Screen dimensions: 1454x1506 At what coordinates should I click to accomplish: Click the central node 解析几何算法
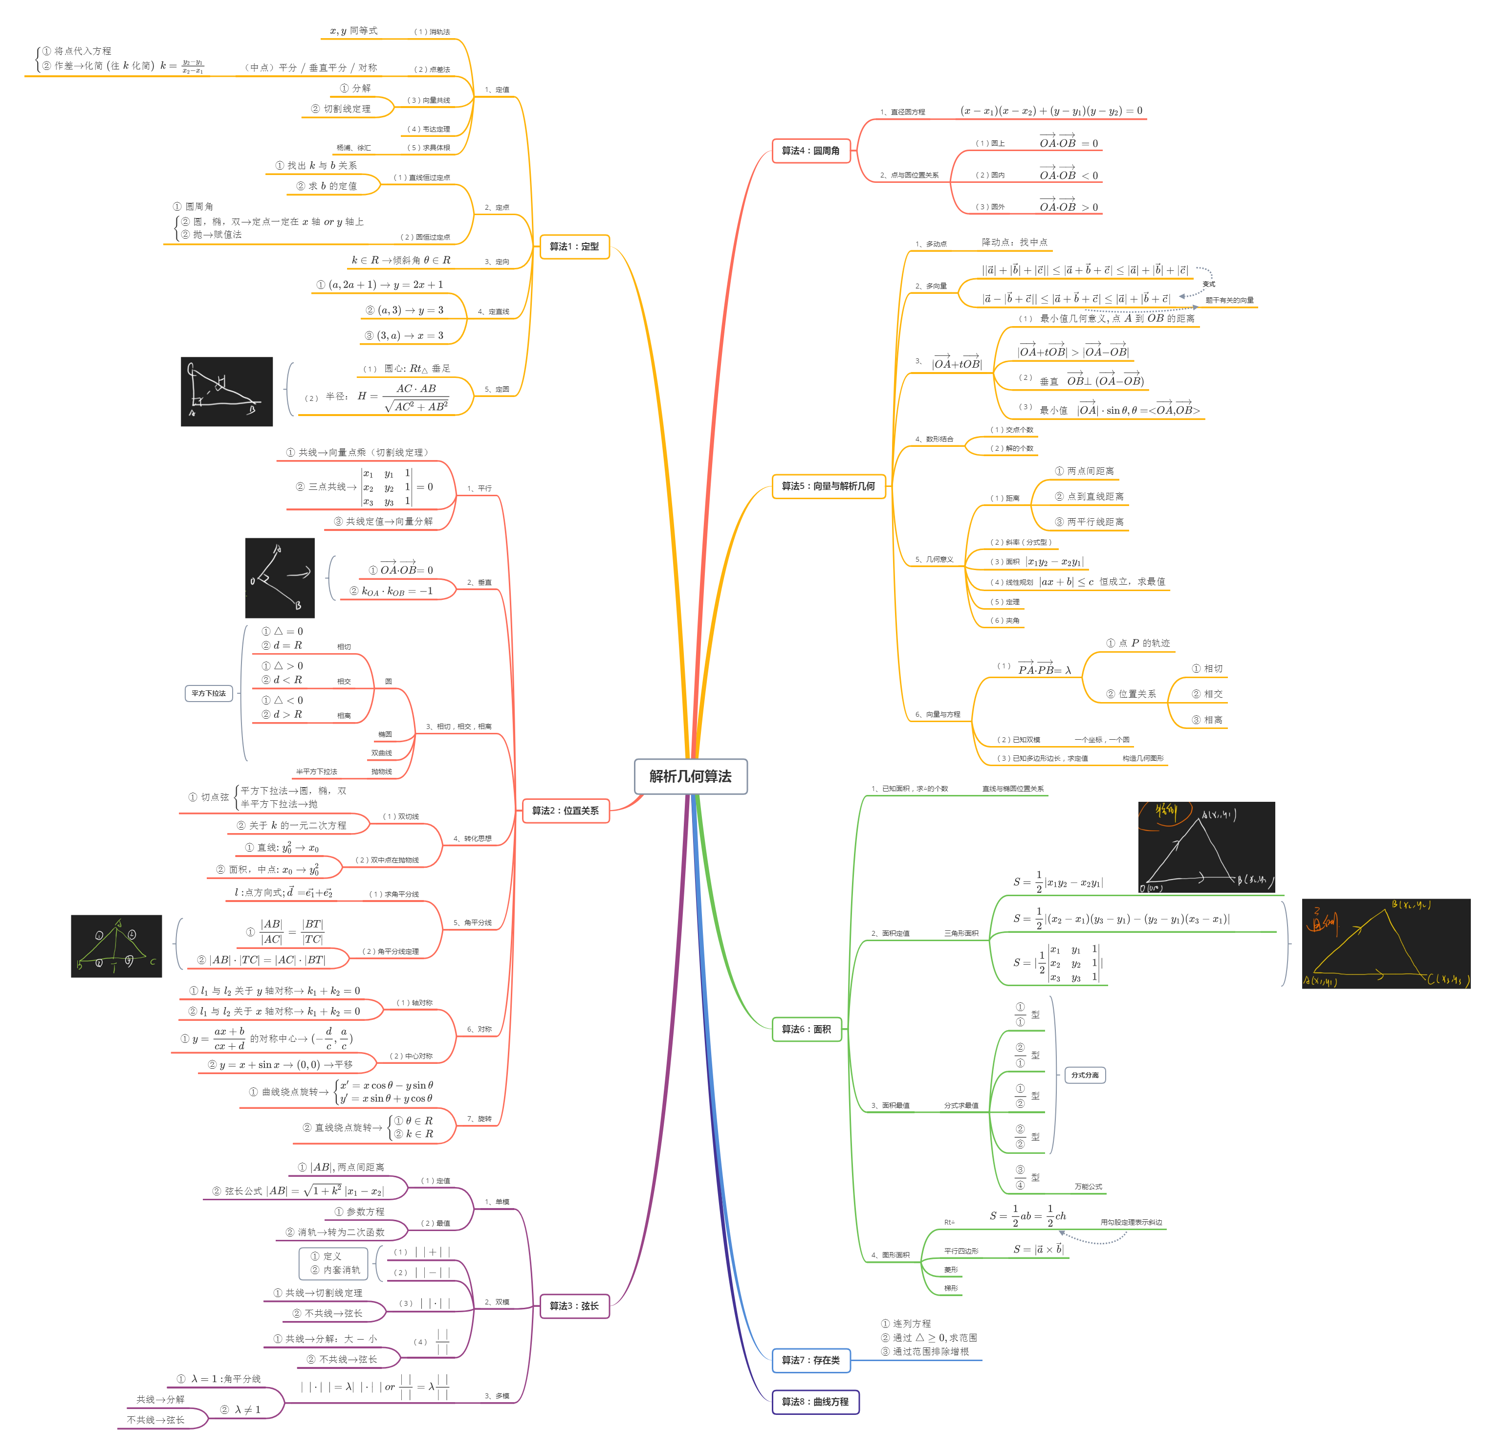pyautogui.click(x=690, y=776)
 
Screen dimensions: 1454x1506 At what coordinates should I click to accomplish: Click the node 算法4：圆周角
pyautogui.click(x=810, y=151)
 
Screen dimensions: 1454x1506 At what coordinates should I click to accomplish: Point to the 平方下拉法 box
pyautogui.click(x=209, y=693)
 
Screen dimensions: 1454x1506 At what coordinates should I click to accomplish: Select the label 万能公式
pyautogui.click(x=1088, y=1187)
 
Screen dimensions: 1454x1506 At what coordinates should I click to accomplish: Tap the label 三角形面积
pyautogui.click(x=961, y=933)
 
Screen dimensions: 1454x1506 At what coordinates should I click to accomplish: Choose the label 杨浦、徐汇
pyautogui.click(x=353, y=148)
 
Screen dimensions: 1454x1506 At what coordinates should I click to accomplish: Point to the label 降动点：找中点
pyautogui.click(x=1014, y=242)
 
